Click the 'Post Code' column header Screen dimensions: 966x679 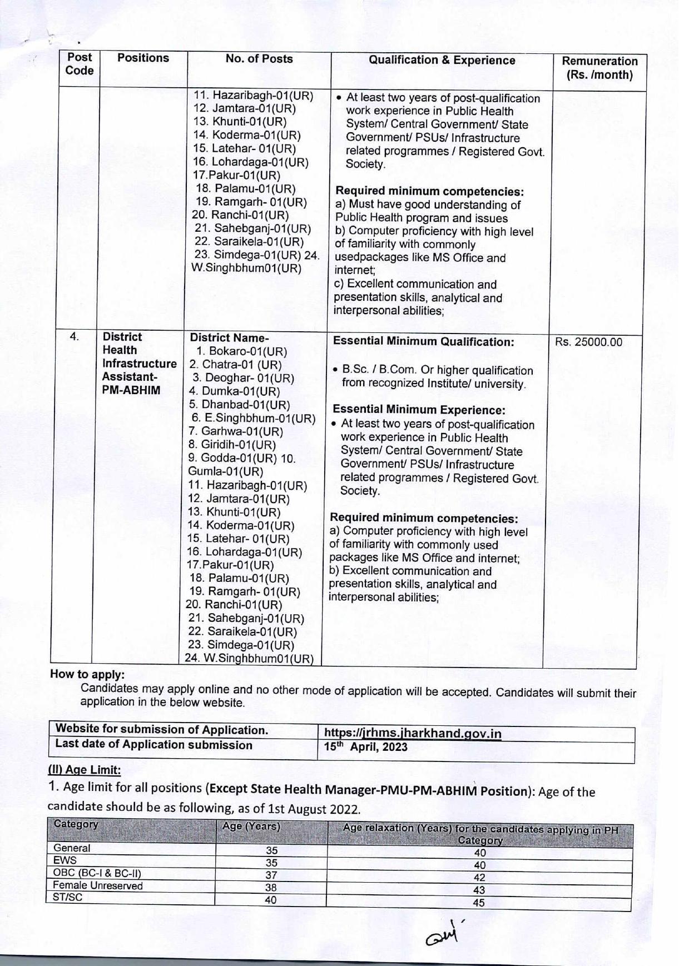point(79,64)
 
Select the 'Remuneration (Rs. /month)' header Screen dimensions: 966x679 point(599,68)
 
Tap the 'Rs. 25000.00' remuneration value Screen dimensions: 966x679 point(588,342)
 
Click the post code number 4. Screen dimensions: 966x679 point(74,337)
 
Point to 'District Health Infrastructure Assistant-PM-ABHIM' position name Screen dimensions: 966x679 point(139,364)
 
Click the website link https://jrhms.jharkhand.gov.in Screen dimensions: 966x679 point(413,734)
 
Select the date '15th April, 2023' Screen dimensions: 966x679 point(365,747)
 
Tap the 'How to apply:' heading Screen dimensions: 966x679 point(87,674)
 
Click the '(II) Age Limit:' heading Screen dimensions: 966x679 point(84,770)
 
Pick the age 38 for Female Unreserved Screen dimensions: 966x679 point(271,888)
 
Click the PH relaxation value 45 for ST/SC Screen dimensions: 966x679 point(478,903)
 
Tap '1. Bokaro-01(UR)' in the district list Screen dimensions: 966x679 point(241,352)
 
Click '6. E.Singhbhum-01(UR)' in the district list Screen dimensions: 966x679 point(253,418)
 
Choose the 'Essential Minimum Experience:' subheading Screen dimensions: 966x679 point(418,410)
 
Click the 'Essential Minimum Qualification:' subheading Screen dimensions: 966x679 point(423,342)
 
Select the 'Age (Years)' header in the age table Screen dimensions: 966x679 point(251,826)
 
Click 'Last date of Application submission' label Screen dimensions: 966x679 point(153,745)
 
